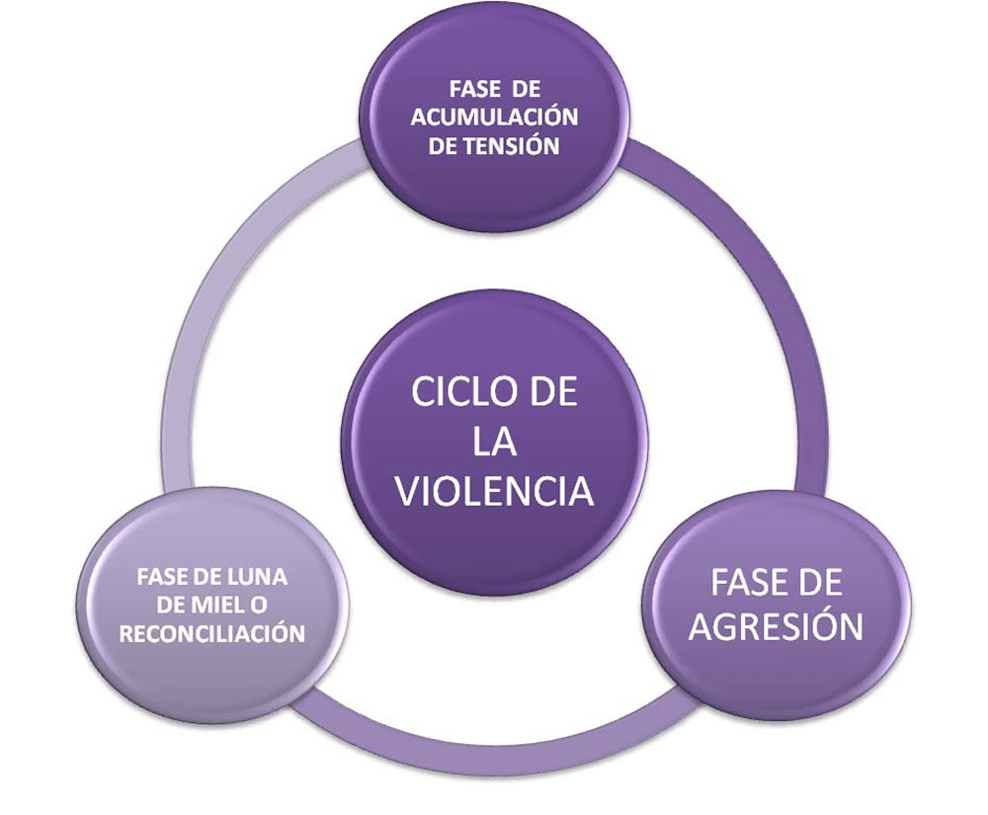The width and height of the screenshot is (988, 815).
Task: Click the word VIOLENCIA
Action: point(494,491)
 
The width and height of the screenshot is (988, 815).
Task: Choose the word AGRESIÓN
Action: point(776,626)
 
